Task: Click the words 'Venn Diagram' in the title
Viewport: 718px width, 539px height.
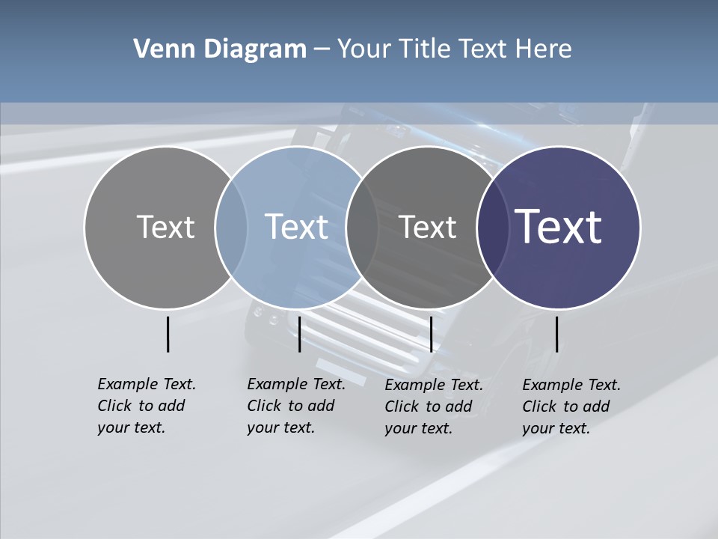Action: pyautogui.click(x=220, y=49)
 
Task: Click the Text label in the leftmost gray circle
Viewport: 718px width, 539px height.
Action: pyautogui.click(x=165, y=227)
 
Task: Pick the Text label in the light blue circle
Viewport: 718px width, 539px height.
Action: pyautogui.click(x=297, y=227)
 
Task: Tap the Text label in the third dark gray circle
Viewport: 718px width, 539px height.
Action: pyautogui.click(x=427, y=227)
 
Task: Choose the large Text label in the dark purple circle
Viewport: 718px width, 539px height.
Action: pyautogui.click(x=559, y=226)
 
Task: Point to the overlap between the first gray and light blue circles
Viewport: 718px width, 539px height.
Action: pyautogui.click(x=231, y=228)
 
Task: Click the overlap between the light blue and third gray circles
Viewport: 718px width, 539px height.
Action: pyautogui.click(x=362, y=228)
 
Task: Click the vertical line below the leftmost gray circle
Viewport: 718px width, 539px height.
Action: pyautogui.click(x=168, y=334)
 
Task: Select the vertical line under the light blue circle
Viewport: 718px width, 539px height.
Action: pyautogui.click(x=299, y=334)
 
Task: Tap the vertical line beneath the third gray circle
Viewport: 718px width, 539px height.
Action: pyautogui.click(x=431, y=334)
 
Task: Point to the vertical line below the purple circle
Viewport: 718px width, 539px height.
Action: pyautogui.click(x=557, y=334)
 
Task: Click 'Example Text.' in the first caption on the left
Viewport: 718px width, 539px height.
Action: pyautogui.click(x=147, y=384)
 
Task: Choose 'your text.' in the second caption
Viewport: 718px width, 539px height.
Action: pyautogui.click(x=280, y=427)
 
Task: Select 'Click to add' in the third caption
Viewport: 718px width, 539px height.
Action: pyautogui.click(x=429, y=406)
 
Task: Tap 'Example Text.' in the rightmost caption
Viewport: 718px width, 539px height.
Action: pyautogui.click(x=571, y=385)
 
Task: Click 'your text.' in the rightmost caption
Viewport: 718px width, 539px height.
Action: pyautogui.click(x=556, y=428)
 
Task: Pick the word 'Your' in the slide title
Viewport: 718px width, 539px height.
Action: pyautogui.click(x=365, y=49)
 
